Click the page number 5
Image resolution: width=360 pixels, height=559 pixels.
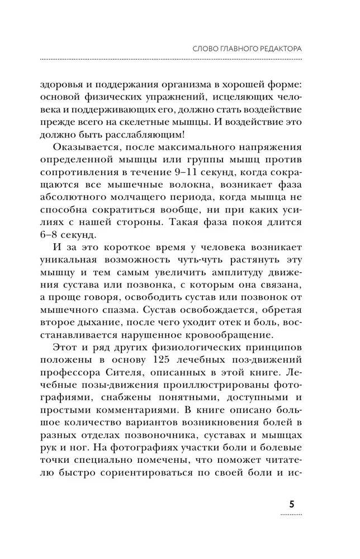(x=292, y=503)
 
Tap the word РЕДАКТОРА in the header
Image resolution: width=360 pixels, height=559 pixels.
(x=274, y=49)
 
